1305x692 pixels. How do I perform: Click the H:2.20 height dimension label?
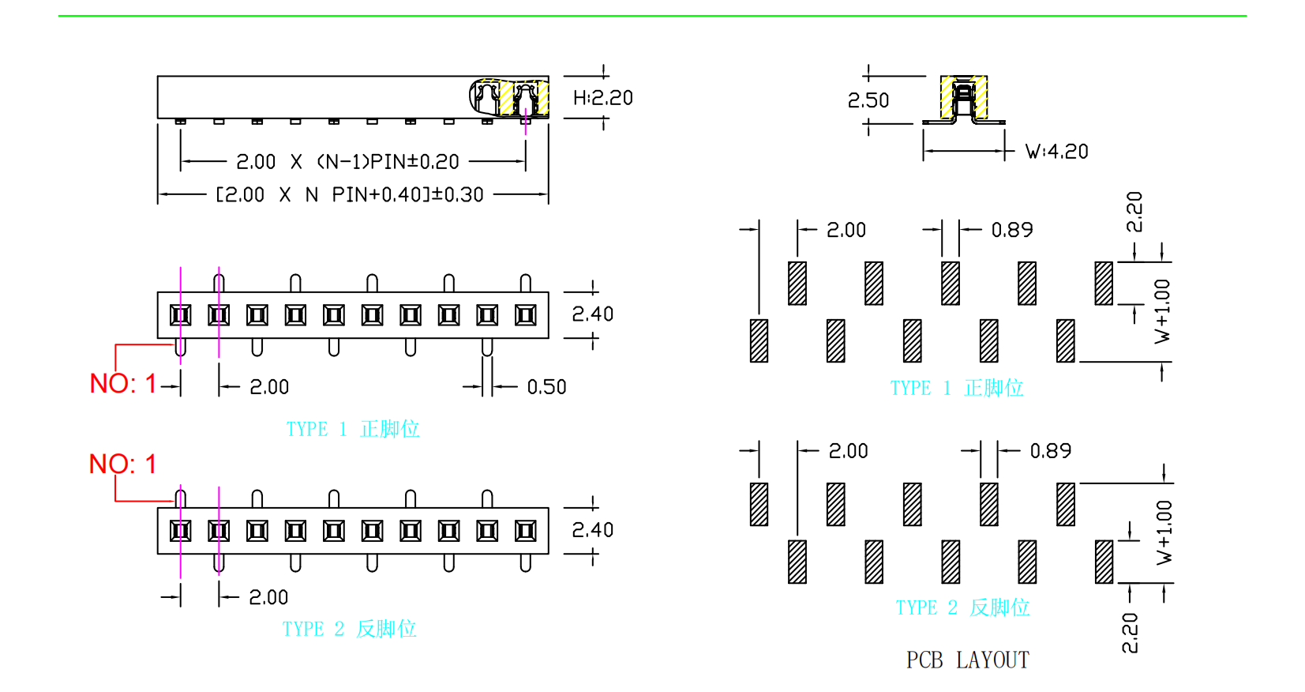pos(602,98)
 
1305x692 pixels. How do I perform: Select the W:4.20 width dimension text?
pos(1056,152)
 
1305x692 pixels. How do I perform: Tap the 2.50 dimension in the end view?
pos(868,100)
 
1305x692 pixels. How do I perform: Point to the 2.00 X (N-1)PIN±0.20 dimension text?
pos(347,162)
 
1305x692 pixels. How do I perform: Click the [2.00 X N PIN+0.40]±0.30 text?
pos(349,194)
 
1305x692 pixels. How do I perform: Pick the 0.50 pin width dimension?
pos(546,387)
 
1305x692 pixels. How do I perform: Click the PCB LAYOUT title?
pos(967,660)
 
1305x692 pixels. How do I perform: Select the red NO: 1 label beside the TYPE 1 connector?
pos(123,384)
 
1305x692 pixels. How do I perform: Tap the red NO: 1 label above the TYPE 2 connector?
pos(122,464)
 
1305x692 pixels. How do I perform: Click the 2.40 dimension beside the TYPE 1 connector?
pos(592,314)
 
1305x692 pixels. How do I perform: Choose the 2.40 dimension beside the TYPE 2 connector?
pos(592,530)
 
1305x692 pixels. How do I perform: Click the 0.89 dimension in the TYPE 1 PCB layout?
pos(1011,230)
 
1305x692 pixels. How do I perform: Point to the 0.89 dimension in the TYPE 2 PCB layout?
pos(1050,451)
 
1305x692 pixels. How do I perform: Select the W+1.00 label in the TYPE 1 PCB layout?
pos(1162,311)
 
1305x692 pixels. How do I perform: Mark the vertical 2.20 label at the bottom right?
pos(1130,633)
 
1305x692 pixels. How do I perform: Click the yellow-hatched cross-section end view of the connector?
pos(963,100)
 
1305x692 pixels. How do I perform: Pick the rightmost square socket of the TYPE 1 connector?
pos(525,315)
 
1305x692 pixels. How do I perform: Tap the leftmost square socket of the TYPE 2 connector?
pos(180,531)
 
